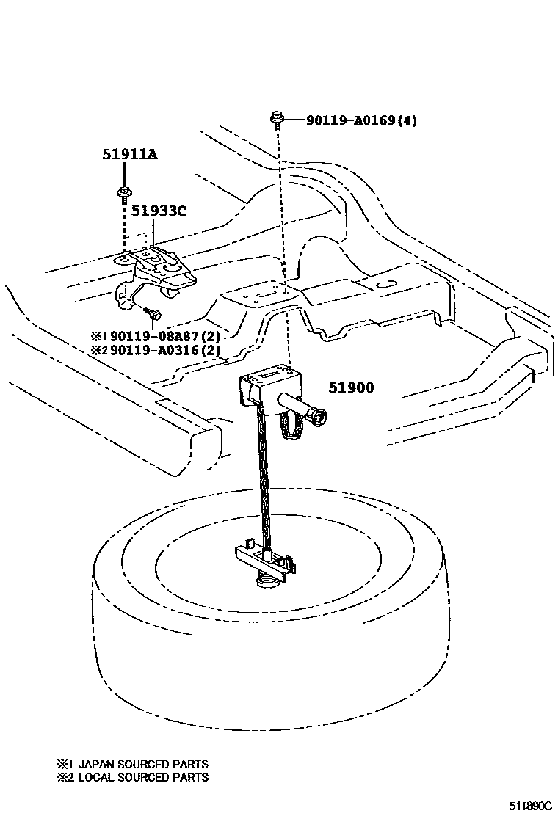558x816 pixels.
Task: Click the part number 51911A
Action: [129, 155]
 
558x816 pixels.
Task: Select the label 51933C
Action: [159, 211]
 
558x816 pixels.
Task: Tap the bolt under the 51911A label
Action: [123, 195]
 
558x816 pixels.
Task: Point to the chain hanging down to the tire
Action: [262, 477]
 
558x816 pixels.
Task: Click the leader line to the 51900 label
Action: [314, 387]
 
